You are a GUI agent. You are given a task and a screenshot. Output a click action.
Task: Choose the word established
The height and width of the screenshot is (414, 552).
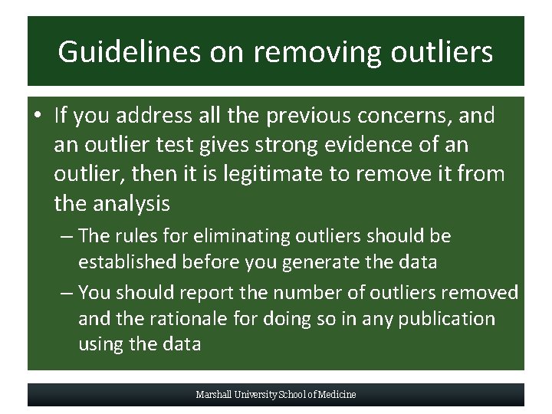(128, 262)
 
